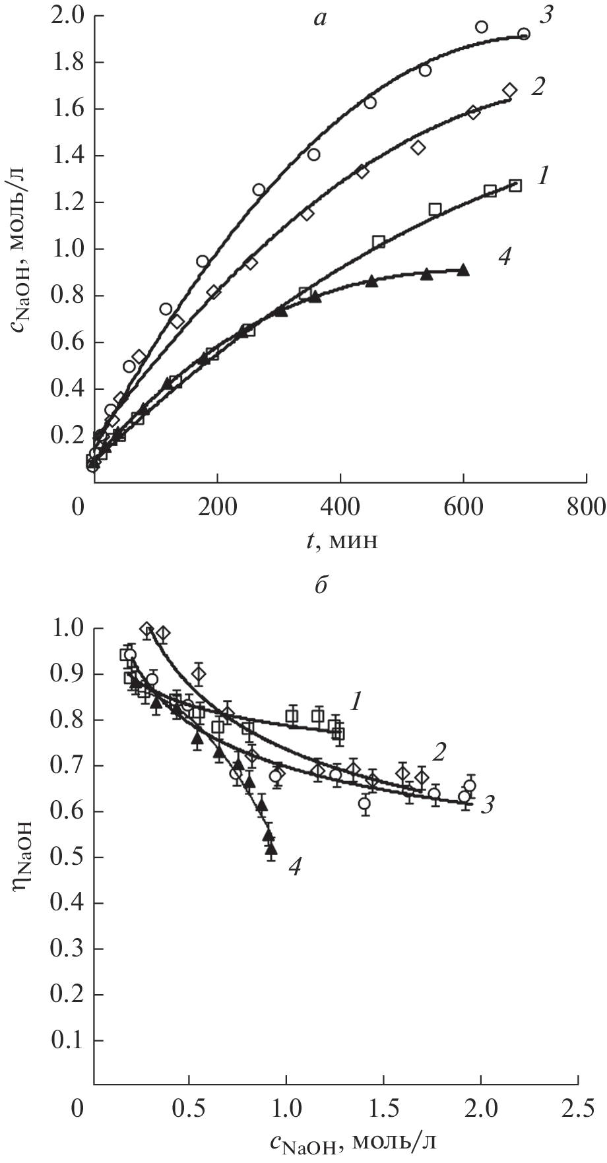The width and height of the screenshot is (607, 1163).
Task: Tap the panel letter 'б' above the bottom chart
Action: click(x=322, y=585)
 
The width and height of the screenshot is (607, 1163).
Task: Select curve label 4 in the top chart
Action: click(x=504, y=258)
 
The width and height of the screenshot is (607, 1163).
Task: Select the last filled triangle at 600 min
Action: click(x=463, y=270)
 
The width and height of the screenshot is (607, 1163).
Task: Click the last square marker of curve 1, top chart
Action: click(x=515, y=185)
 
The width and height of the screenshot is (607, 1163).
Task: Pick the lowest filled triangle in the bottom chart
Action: click(x=271, y=848)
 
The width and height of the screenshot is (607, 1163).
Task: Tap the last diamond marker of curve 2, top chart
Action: click(x=509, y=90)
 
